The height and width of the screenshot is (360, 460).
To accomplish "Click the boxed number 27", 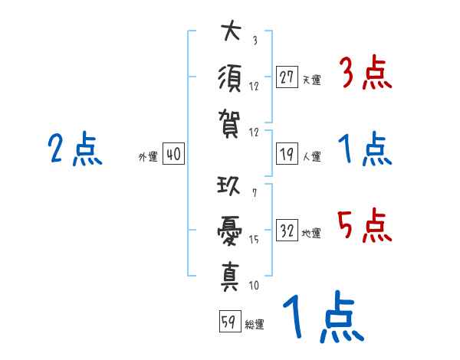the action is tap(287, 77).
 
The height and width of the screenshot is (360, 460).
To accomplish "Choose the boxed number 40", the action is tap(173, 155).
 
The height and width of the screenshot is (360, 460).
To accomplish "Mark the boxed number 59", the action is tap(228, 322).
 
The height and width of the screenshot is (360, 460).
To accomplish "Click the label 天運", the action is tap(311, 80).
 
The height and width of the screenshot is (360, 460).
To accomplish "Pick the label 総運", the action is tap(254, 324).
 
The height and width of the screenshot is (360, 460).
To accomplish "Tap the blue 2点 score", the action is tap(74, 149).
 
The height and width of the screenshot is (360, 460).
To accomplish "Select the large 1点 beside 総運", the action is tap(323, 318).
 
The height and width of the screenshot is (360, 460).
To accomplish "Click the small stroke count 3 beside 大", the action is tap(254, 41).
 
